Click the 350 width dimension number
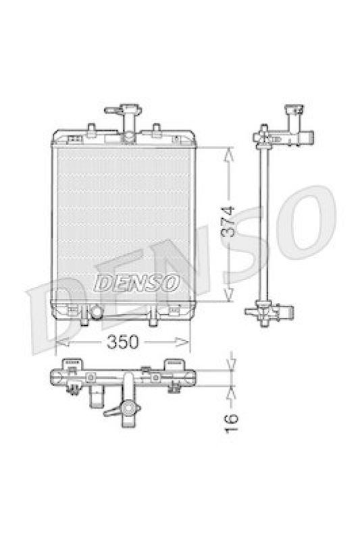(x=122, y=342)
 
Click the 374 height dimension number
(x=228, y=221)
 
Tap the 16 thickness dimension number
(x=231, y=424)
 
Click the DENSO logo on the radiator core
(x=136, y=283)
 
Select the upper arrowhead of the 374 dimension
(x=229, y=155)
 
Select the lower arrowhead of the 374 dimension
(x=229, y=294)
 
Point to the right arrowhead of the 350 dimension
(x=182, y=342)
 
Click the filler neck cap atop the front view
(x=124, y=111)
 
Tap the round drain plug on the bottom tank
(x=96, y=312)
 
